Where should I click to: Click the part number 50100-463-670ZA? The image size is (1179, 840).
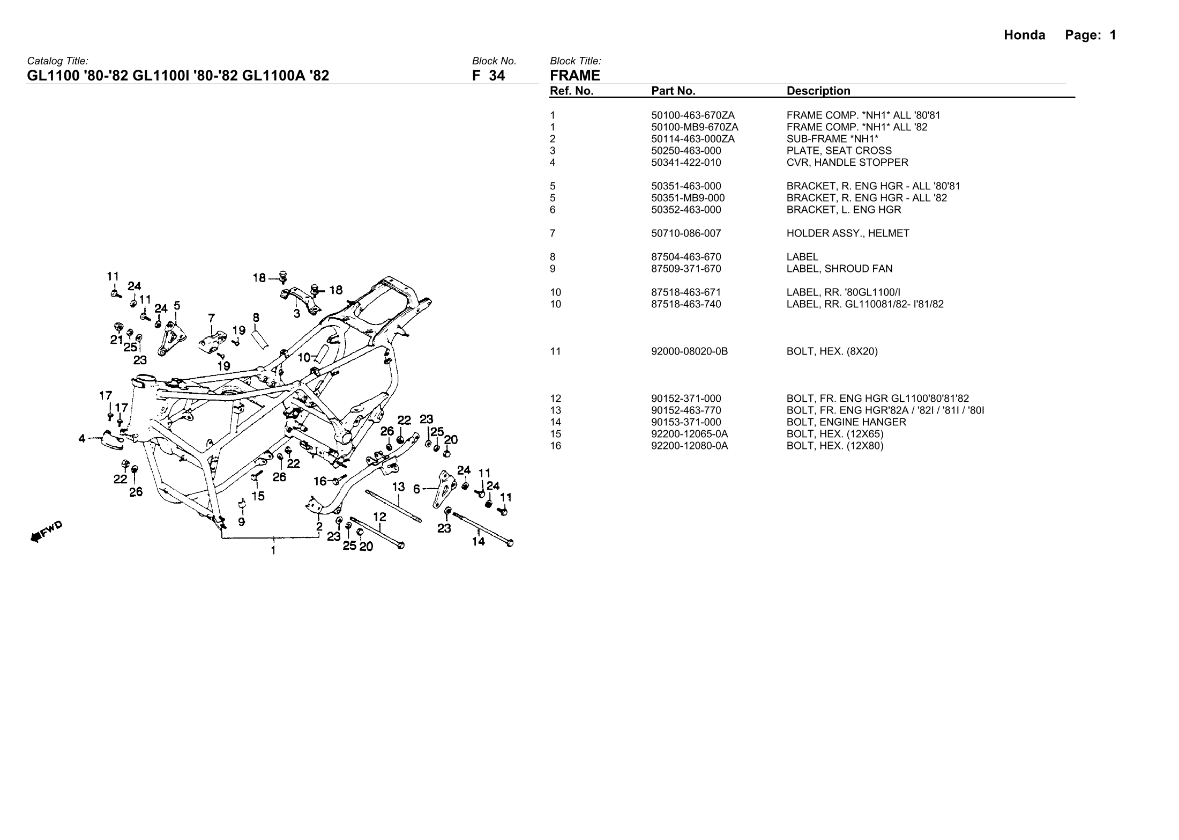692,115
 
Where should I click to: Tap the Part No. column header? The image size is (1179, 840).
673,91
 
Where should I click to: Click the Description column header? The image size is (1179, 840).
818,91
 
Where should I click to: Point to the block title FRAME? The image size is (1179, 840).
575,76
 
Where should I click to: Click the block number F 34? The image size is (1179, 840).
488,76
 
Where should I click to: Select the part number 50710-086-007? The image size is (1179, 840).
686,233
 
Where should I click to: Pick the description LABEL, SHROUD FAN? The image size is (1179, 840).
832,269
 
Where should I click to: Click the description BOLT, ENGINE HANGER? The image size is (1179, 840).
846,422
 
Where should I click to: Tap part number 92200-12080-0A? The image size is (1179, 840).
689,446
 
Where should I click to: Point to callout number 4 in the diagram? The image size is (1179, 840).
81,439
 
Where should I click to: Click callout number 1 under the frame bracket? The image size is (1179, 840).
273,550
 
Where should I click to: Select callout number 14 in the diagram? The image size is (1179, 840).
478,542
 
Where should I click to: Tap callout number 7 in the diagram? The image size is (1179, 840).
212,317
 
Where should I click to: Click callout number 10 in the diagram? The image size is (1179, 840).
304,357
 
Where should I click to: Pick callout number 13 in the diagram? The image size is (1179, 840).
398,487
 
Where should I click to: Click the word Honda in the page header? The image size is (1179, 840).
1024,35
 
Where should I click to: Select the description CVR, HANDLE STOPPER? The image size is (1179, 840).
847,163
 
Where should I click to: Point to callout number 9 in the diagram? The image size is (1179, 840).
242,521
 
